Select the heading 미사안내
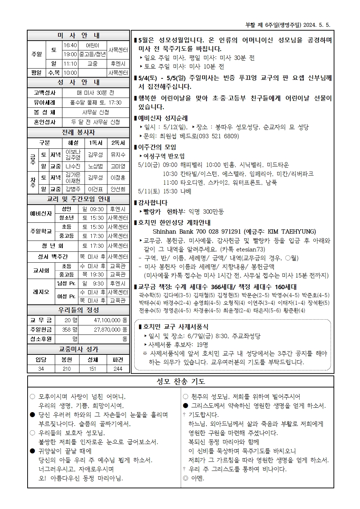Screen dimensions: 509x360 (x=78, y=36)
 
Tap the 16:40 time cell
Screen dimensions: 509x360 (x=70, y=45)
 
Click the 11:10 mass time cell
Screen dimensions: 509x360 (x=70, y=63)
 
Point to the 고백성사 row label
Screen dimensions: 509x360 (x=45, y=93)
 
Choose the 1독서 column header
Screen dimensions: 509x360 (x=95, y=143)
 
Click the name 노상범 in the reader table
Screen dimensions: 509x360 (x=95, y=166)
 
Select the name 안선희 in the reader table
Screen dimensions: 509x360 (x=118, y=189)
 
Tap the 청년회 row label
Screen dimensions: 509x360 (x=52, y=246)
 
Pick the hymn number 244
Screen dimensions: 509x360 (x=118, y=369)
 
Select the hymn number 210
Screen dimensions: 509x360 (x=67, y=369)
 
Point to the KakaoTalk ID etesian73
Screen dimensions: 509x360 (x=250, y=249)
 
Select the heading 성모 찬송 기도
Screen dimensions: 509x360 (x=180, y=381)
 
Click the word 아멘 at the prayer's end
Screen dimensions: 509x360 (x=198, y=478)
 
